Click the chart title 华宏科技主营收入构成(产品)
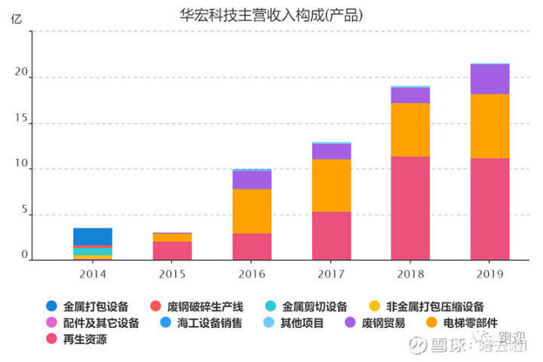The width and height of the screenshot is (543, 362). pos(271,15)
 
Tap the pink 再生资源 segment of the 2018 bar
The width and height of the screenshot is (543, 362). pos(410,208)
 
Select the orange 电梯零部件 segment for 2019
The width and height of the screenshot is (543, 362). pos(490,126)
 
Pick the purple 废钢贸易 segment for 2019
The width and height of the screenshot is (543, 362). pos(490,79)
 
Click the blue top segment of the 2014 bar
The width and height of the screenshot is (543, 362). pos(93,236)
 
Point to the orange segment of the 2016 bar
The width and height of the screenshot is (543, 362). pos(252,211)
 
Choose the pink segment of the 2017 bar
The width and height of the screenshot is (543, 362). pos(331,236)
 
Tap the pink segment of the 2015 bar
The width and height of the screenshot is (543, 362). pos(172,250)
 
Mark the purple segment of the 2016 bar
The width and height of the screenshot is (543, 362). pos(252,179)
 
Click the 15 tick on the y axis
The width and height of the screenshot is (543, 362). pos(22,121)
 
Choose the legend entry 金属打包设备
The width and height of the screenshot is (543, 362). pos(95,306)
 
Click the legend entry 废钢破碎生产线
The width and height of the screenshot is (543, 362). pos(204,306)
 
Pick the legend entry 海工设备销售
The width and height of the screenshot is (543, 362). pos(210,324)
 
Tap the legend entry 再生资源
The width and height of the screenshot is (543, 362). pos(84,340)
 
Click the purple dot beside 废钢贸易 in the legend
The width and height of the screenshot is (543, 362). pos(351,324)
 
